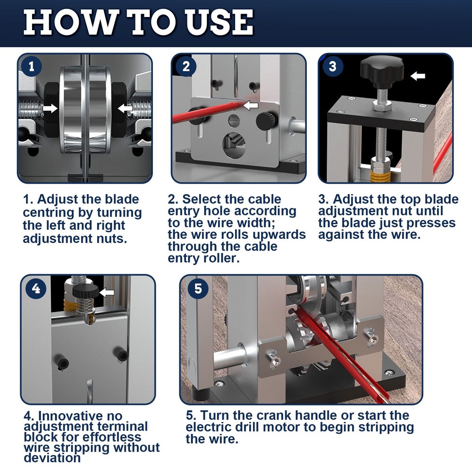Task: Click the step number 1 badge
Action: (32, 67)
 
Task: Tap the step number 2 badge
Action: (186, 67)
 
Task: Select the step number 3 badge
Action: (333, 67)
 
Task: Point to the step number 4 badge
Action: (36, 288)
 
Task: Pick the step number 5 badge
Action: (198, 288)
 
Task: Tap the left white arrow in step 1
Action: (49, 109)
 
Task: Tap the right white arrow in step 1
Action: (125, 109)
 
